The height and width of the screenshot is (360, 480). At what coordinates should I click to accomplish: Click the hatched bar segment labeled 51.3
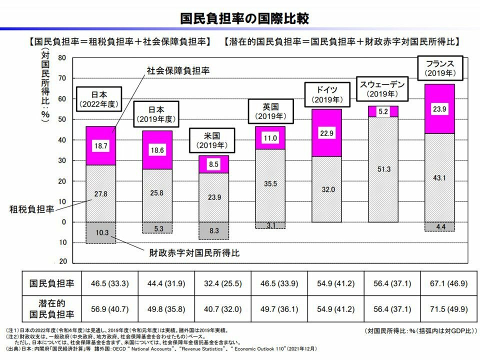[383, 170]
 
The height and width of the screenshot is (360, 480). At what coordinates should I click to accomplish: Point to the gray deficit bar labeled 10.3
[100, 233]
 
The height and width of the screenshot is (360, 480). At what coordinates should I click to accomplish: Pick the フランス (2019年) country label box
[439, 68]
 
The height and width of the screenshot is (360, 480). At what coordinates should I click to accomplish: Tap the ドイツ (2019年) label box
[326, 94]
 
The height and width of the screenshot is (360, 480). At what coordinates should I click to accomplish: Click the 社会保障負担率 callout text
[177, 71]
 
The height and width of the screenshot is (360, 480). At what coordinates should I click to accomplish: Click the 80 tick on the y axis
[62, 58]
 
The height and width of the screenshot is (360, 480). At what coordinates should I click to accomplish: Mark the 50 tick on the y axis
[62, 119]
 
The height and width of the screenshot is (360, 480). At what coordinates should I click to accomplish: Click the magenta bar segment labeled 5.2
[383, 111]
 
